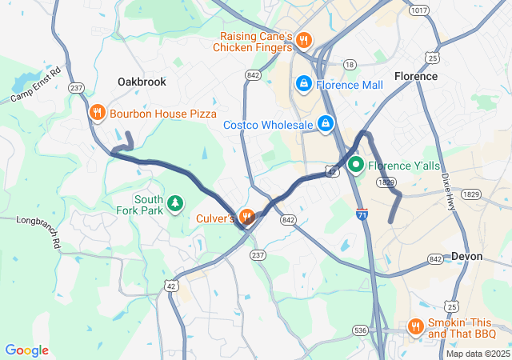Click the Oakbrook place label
click(x=142, y=82)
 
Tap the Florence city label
click(x=416, y=76)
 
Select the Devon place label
click(x=467, y=256)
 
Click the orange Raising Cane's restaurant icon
click(x=303, y=40)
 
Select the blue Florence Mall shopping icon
click(x=304, y=83)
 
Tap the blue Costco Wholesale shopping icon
click(x=326, y=124)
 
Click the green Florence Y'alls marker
click(x=355, y=165)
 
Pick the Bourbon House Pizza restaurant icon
click(x=97, y=113)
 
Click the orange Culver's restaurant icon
click(x=246, y=217)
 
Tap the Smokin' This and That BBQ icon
click(x=415, y=326)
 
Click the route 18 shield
click(x=350, y=64)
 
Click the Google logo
click(x=26, y=350)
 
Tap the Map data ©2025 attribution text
click(x=478, y=354)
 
